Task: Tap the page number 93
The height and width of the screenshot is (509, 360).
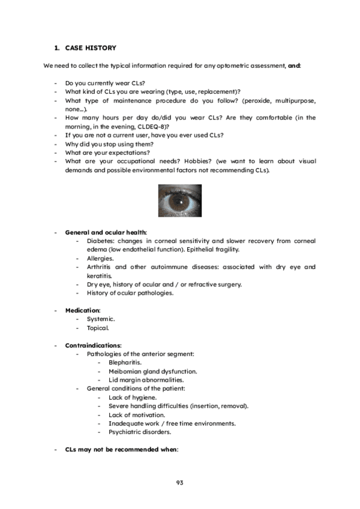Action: (179, 483)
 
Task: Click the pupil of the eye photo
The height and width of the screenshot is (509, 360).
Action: (179, 200)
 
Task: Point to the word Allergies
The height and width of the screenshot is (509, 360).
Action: (100, 258)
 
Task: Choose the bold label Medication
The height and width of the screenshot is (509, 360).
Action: (82, 310)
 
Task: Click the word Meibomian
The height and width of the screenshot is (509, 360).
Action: (124, 372)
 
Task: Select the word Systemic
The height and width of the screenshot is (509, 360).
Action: (101, 319)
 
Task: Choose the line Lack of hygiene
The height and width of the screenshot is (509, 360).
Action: (133, 397)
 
